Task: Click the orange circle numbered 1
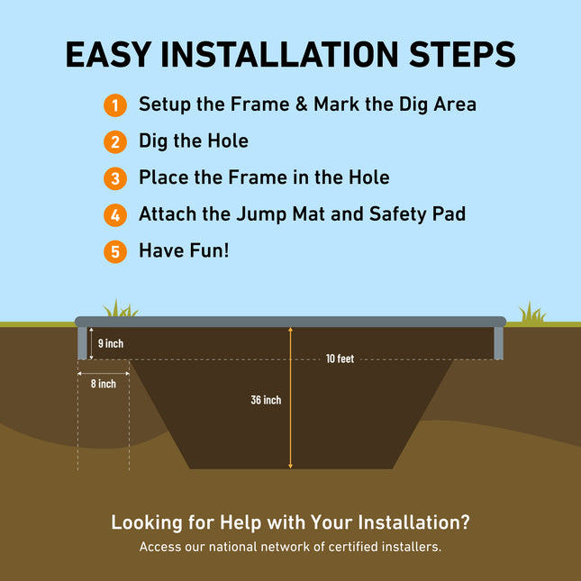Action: pyautogui.click(x=114, y=104)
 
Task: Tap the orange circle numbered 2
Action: pyautogui.click(x=114, y=141)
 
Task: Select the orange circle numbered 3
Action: pyautogui.click(x=114, y=178)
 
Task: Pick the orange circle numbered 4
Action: pyautogui.click(x=114, y=215)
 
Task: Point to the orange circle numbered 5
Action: pyautogui.click(x=114, y=251)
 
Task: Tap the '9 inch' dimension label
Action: pyautogui.click(x=110, y=343)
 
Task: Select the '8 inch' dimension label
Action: pyautogui.click(x=103, y=384)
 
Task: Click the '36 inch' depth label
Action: pyautogui.click(x=266, y=400)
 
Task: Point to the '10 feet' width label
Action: pyautogui.click(x=340, y=359)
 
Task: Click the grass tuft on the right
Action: pyautogui.click(x=531, y=313)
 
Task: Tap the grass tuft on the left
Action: pyautogui.click(x=119, y=309)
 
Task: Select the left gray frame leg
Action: pyautogui.click(x=82, y=341)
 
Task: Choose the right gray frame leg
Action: pyautogui.click(x=499, y=341)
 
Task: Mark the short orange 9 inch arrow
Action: pyautogui.click(x=91, y=343)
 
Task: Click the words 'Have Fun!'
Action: pyautogui.click(x=184, y=250)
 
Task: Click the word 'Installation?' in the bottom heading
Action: pyautogui.click(x=413, y=522)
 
